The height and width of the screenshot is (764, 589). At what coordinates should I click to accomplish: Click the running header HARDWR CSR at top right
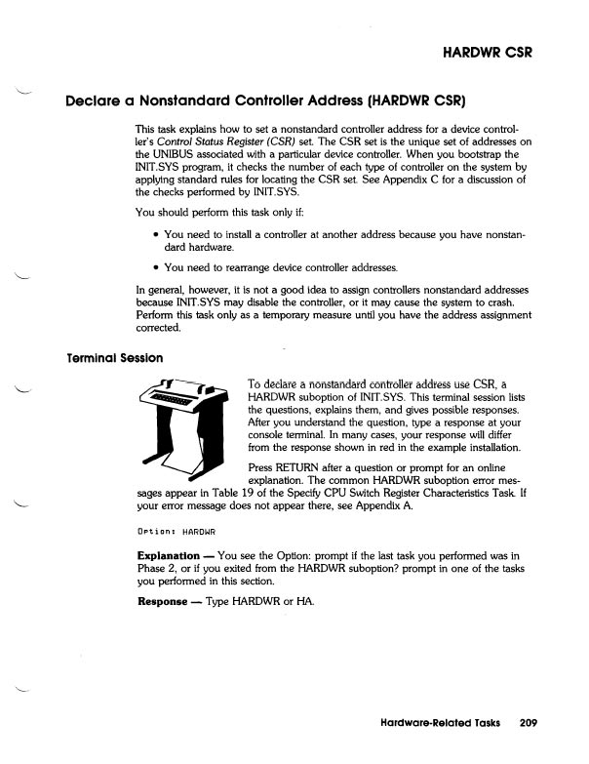(484, 51)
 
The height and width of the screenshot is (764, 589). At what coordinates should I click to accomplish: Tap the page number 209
(530, 724)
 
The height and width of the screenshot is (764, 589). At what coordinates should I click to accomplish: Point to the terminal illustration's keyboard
(175, 398)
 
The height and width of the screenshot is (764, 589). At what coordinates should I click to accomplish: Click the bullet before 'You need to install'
(157, 235)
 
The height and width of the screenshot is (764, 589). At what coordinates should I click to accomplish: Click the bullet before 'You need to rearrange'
(157, 267)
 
